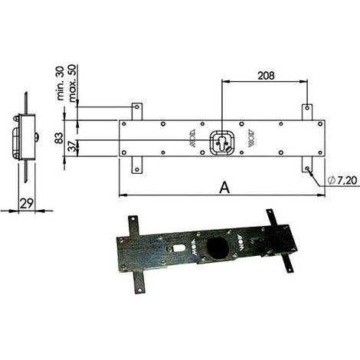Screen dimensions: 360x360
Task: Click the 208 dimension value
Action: [266, 76]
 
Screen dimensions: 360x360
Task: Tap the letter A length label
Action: [224, 188]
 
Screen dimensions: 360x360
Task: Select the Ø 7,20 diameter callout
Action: [342, 180]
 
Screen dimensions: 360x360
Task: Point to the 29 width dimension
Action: [27, 204]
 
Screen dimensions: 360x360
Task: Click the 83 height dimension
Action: [59, 138]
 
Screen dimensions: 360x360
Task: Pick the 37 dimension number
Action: [73, 147]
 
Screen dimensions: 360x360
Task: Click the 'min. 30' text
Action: [61, 83]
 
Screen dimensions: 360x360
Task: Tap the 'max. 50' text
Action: [72, 83]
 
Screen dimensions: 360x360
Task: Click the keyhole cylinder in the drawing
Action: [221, 143]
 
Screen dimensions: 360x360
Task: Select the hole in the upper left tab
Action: [137, 106]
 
